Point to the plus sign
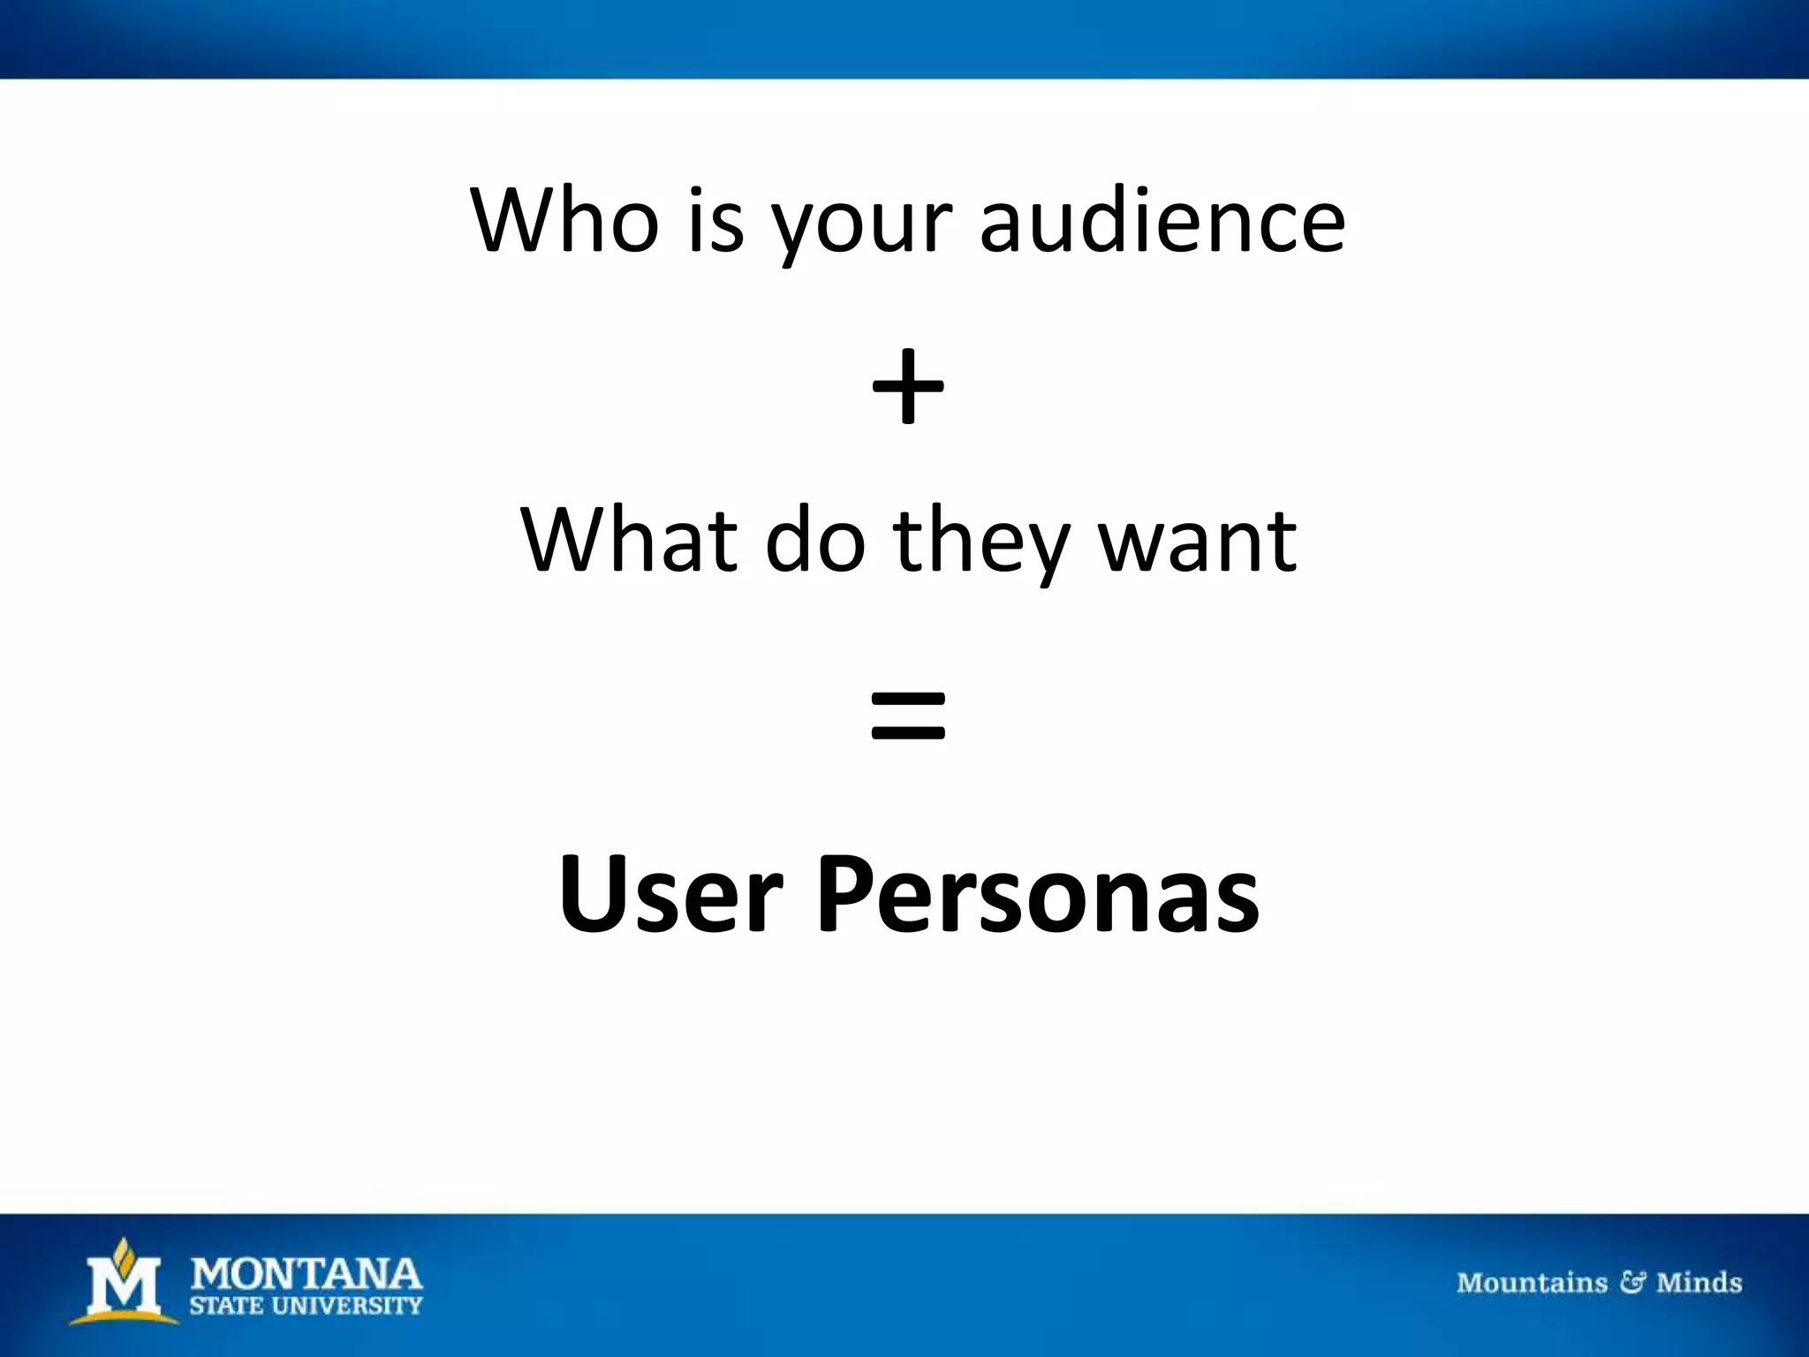tap(907, 388)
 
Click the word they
tap(980, 543)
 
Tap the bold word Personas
tap(1037, 894)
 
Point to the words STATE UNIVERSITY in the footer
tap(307, 1306)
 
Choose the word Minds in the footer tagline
tap(1699, 1282)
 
